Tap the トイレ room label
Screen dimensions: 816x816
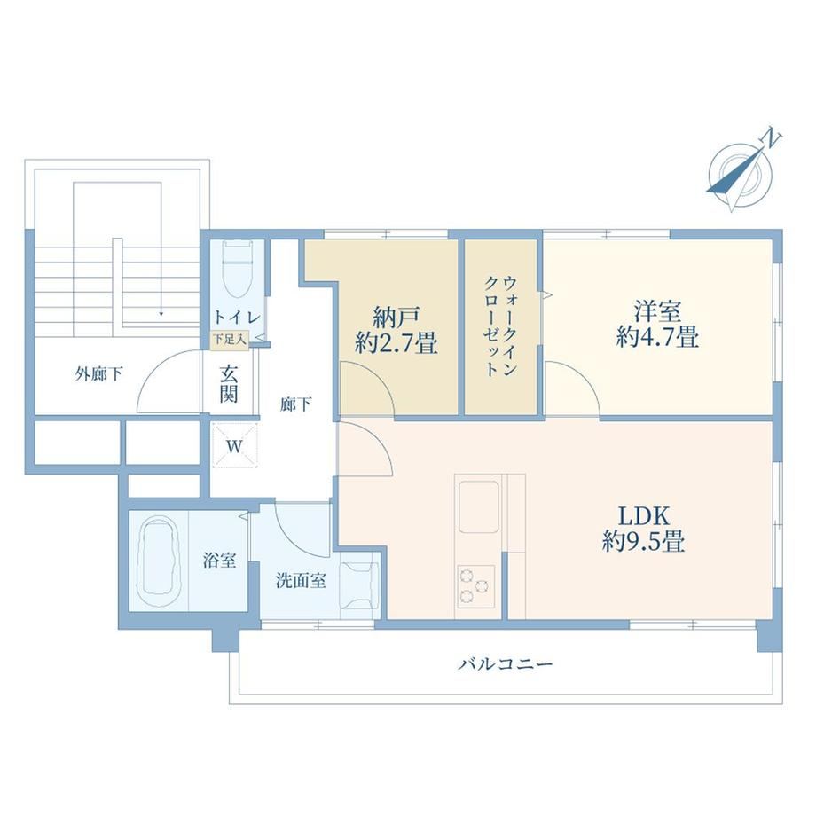tap(237, 317)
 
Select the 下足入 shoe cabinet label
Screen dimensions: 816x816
tap(229, 340)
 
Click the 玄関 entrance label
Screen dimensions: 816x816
tap(229, 384)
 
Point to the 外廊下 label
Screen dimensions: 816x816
tap(98, 373)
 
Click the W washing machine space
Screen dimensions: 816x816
tap(234, 446)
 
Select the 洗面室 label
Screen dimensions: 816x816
tap(301, 580)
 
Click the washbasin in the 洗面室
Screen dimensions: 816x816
tap(358, 585)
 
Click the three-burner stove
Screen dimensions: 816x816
tap(475, 585)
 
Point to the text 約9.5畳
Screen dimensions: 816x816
tap(643, 542)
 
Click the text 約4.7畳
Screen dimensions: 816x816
tap(657, 337)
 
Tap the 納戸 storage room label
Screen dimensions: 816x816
tap(396, 317)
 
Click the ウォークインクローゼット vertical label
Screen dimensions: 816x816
tap(500, 326)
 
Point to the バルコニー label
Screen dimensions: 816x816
tap(506, 664)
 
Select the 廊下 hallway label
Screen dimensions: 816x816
tap(295, 404)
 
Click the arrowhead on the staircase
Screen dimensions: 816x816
tap(161, 314)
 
